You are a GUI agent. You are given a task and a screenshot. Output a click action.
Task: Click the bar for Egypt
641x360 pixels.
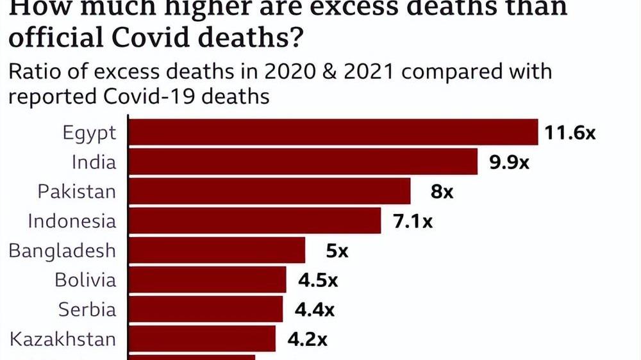333,133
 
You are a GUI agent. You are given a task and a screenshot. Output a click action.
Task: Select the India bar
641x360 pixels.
303,161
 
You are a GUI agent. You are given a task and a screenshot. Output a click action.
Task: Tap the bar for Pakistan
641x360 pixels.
270,191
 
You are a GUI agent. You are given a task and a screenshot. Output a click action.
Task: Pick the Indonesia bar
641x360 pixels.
255,220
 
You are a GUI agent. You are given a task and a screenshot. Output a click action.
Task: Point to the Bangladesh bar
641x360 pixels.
217,250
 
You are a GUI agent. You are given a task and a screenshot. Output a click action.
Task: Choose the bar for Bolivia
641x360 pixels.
208,280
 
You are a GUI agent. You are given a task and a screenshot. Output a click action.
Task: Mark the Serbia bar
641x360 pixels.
206,309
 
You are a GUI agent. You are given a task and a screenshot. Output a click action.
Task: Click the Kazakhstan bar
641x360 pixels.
203,339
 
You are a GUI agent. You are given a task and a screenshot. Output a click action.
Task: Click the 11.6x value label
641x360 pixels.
570,133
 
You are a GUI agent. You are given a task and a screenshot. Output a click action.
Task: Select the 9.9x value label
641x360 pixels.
510,162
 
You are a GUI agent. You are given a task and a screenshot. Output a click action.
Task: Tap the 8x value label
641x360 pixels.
442,192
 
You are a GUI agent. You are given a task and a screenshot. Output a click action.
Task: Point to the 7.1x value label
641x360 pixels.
412,221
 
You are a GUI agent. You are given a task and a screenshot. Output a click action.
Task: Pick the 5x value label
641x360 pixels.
337,250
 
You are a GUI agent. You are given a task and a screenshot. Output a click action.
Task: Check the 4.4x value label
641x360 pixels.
314,310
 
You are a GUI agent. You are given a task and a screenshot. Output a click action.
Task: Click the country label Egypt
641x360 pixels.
90,133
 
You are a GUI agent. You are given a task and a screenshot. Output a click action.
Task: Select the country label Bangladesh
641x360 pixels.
62,250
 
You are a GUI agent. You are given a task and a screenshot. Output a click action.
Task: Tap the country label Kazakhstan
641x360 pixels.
63,339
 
